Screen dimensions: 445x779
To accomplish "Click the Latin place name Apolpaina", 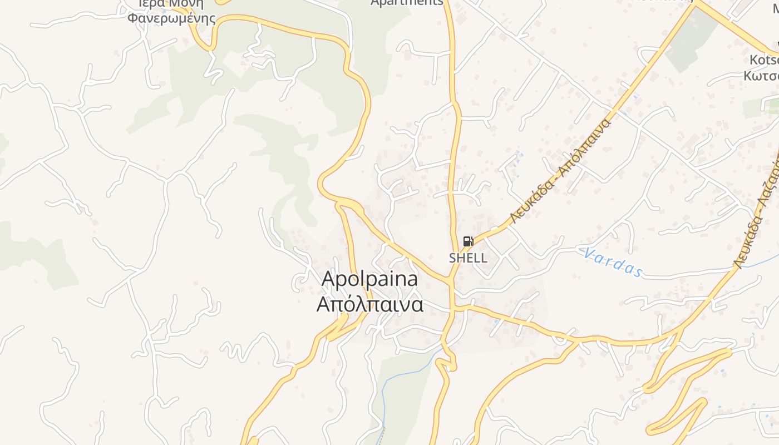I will coord(369,279).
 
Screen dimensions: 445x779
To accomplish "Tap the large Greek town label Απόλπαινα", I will coord(369,304).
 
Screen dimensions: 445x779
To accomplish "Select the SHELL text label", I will coord(468,258).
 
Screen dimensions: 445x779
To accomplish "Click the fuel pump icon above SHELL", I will coord(468,241).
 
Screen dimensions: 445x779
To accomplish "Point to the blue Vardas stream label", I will coord(613,262).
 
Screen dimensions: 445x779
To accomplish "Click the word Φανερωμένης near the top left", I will coord(171,18).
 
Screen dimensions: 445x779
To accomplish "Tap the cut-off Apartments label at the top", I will coord(407,3).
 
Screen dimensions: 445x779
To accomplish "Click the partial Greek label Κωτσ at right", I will coord(761,76).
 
